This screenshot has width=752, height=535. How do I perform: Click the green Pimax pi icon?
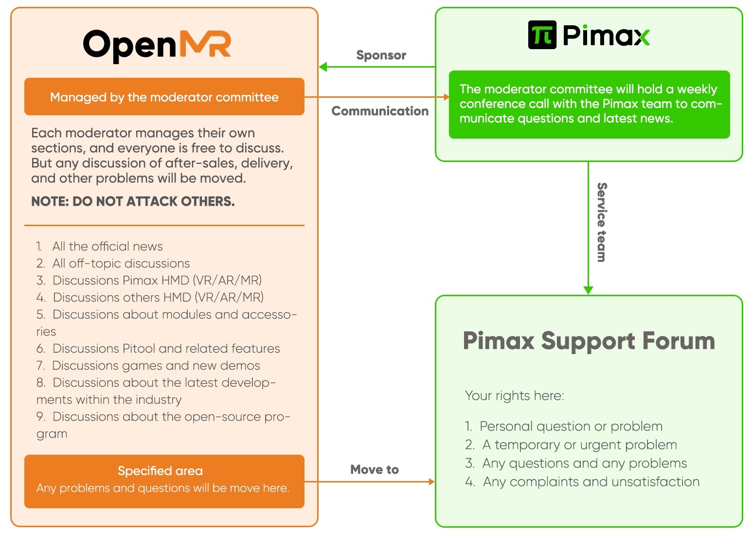point(542,35)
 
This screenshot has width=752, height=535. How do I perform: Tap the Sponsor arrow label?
point(381,55)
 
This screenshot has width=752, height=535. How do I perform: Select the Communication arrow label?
point(380,111)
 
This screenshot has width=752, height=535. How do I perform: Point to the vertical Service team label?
point(602,222)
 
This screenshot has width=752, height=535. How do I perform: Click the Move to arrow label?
point(375,469)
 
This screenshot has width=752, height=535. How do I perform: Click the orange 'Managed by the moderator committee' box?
point(164,97)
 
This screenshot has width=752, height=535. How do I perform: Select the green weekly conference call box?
point(589,105)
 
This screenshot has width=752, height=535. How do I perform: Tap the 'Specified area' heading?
point(160,471)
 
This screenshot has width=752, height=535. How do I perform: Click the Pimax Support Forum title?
point(589,340)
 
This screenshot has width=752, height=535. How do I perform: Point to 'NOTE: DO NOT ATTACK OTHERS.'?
point(133,201)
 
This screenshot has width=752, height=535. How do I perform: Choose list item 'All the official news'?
point(99,247)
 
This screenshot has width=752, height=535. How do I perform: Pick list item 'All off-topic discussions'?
point(113,264)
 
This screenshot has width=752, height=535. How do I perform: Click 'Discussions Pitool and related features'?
point(158,348)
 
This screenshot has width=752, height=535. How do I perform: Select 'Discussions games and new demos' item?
point(148,366)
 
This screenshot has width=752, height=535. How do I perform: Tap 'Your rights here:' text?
point(514,396)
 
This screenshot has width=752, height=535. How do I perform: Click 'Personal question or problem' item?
point(564,426)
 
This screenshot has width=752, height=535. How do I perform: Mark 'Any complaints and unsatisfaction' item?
point(582,481)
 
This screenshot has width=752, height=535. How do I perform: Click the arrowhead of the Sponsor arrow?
point(322,67)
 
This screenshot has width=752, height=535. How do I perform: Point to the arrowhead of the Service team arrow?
point(588,290)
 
